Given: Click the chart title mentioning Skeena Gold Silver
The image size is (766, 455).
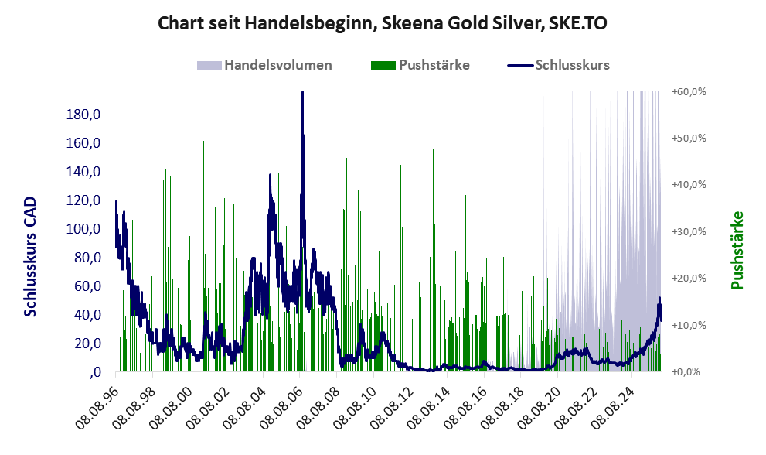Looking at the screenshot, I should coord(382,24).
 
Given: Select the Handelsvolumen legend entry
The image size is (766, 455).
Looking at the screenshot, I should coord(277,65).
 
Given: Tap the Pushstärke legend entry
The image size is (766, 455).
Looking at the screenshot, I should coord(434,65).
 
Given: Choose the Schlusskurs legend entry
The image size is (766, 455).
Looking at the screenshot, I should coord(572,65).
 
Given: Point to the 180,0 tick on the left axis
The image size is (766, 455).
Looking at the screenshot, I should coord(84,115).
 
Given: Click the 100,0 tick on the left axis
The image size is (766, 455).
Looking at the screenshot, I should coord(84,229).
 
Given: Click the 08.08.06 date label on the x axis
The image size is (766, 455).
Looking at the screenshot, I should coord(280,404).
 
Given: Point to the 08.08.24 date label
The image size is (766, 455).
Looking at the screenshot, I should coord(608,404).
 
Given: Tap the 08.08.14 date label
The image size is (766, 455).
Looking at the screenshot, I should coord(426,404).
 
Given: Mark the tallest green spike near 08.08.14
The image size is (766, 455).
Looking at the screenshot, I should coord(437,97).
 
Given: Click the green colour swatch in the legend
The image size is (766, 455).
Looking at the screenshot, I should coord(383,65).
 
